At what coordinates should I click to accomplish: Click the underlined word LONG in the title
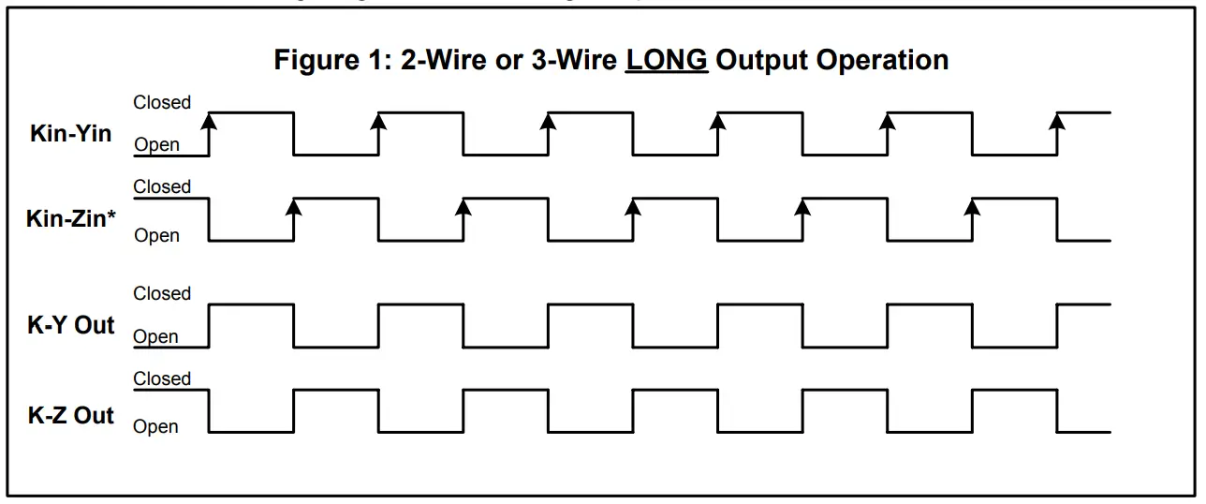667,60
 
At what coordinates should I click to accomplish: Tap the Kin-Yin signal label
70,133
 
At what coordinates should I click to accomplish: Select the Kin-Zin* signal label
70,219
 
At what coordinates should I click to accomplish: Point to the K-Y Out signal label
71,326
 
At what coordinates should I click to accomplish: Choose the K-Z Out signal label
71,415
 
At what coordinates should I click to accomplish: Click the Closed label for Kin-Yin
162,102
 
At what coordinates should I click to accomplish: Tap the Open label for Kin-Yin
156,145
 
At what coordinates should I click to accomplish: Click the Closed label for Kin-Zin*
162,186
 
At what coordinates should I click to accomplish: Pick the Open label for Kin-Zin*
156,235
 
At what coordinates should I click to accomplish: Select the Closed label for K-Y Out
162,293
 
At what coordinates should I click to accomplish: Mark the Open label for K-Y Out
156,336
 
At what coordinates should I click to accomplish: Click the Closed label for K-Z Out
162,378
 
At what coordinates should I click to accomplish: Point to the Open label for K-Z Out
156,426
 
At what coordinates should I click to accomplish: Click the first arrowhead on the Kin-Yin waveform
209,120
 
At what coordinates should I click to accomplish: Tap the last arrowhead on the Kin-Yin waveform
1058,120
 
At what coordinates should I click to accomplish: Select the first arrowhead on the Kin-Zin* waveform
294,205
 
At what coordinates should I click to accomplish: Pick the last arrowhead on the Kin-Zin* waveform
973,205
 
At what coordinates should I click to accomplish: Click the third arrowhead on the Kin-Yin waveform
549,120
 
